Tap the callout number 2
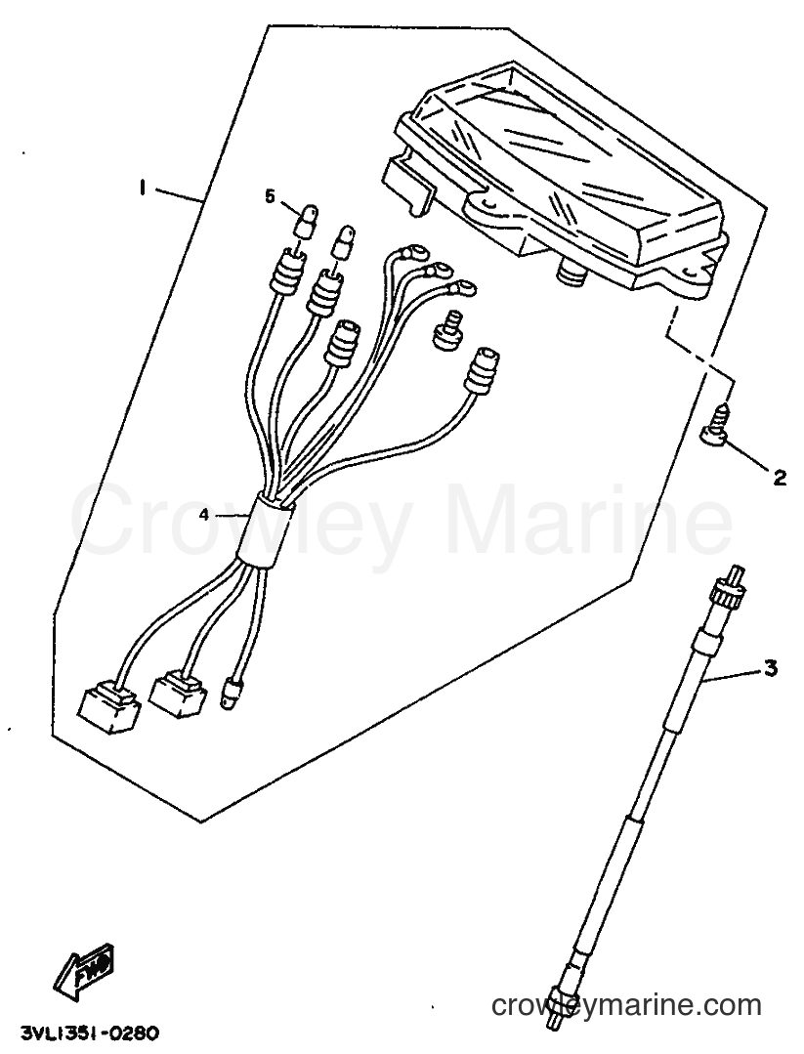tap(779, 478)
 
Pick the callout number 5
tap(271, 196)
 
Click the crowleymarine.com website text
tap(626, 1005)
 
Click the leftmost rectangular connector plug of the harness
tap(108, 708)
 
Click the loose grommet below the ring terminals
tap(446, 329)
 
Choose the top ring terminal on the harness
tap(408, 254)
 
